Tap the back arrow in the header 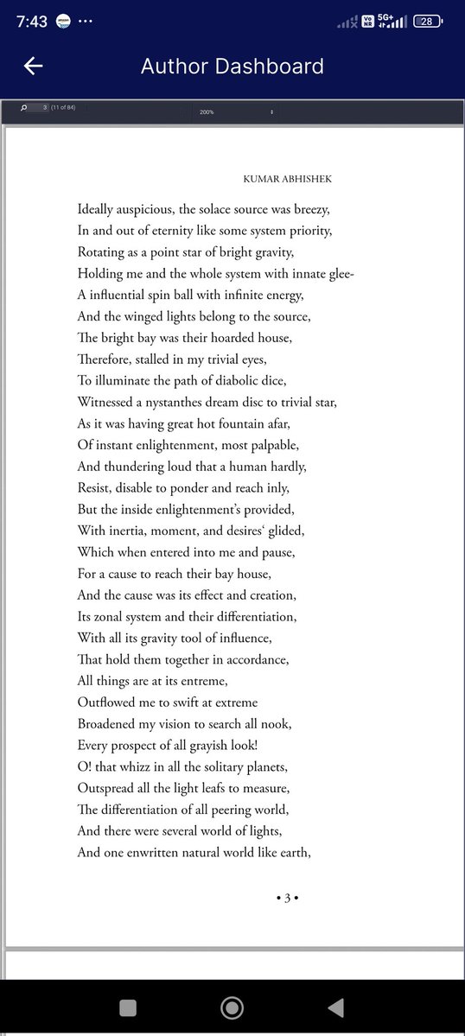[x=34, y=67]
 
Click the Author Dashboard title [x=232, y=67]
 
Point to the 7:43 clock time [x=32, y=22]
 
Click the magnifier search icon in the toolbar [x=23, y=107]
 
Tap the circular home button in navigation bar [x=232, y=1007]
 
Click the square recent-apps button [x=127, y=1007]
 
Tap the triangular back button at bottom [x=336, y=1007]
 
